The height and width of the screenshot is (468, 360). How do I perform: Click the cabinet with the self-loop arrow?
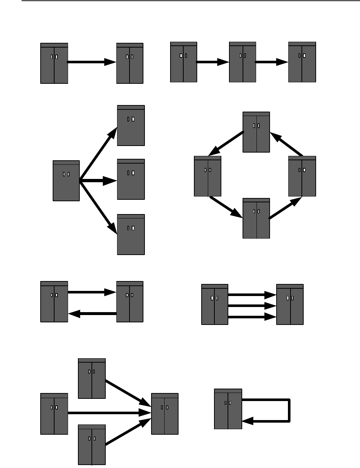click(x=228, y=409)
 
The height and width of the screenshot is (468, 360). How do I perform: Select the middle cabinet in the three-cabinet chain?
click(x=243, y=62)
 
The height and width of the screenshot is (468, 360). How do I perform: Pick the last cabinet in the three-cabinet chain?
click(x=302, y=62)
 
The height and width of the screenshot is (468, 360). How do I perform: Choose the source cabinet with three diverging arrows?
click(x=66, y=181)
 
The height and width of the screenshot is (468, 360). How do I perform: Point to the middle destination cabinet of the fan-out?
click(x=131, y=179)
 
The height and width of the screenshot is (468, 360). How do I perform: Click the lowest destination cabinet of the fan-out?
click(x=131, y=235)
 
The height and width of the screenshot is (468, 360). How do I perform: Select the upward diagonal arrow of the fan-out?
click(x=98, y=154)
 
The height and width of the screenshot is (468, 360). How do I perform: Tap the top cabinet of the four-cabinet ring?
click(x=256, y=132)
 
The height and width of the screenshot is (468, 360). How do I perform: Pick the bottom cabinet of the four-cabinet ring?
click(x=256, y=218)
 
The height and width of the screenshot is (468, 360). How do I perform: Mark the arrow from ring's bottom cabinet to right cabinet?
click(x=286, y=208)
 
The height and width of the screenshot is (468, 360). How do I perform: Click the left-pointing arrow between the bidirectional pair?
click(x=92, y=314)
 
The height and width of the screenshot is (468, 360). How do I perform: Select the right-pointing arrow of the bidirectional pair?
click(x=92, y=292)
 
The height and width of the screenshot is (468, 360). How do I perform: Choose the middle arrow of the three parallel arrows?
click(x=252, y=306)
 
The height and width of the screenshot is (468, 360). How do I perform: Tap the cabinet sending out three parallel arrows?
click(x=215, y=304)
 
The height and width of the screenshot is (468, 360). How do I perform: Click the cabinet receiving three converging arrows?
click(x=165, y=414)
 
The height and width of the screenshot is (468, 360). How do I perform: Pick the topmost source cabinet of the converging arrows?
click(x=92, y=378)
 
